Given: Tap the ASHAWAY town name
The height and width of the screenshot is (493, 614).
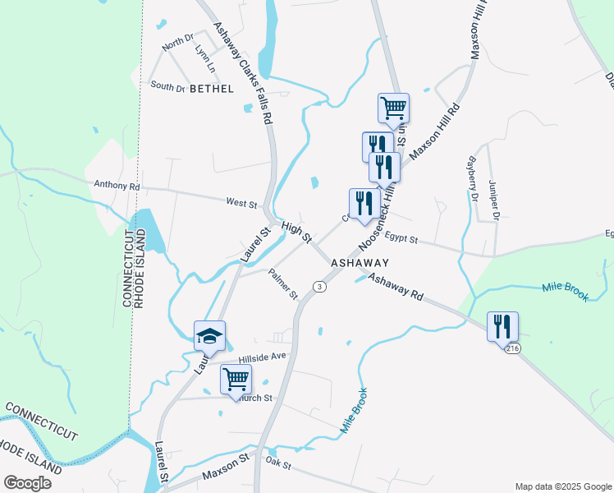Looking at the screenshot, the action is coord(359,262).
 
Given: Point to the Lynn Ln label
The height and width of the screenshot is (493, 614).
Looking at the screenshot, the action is coord(204,57).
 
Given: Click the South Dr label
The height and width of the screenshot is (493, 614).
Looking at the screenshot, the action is coord(167,85).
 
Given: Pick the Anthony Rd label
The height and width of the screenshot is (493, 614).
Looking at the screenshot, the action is coord(117,186).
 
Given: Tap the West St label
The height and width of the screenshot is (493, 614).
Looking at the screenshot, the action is coord(242,202).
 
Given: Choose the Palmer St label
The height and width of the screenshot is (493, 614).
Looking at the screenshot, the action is coord(283,284).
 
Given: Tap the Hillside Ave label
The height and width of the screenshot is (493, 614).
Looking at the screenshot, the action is coord(262,357).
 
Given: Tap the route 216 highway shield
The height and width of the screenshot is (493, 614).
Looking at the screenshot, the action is coord(512,349).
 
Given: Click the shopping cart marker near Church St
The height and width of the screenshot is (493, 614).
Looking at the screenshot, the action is coord(236,380).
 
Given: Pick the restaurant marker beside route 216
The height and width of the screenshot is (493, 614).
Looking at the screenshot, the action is coord(502,326).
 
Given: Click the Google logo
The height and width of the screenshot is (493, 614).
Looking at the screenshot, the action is coord(27,483).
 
